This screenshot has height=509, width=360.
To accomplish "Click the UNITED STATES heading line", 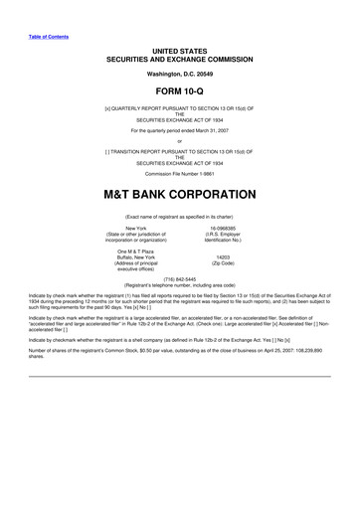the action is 179,49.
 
